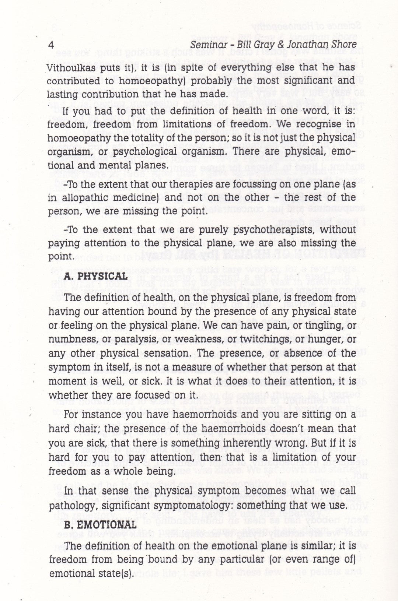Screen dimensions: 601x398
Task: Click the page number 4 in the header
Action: coord(52,45)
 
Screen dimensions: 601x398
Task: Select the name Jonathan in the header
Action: coord(308,45)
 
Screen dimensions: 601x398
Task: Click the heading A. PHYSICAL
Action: coord(95,276)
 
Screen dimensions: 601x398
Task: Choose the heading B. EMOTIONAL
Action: coord(100,525)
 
